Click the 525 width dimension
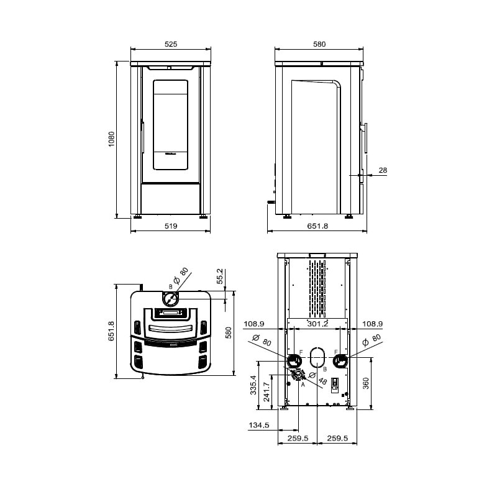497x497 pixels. [x=171, y=44]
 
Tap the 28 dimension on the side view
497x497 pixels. [x=383, y=170]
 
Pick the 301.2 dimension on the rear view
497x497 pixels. [x=317, y=324]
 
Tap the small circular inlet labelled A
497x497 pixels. [x=298, y=375]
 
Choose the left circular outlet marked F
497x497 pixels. [x=293, y=361]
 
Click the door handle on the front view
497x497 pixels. [x=144, y=137]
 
